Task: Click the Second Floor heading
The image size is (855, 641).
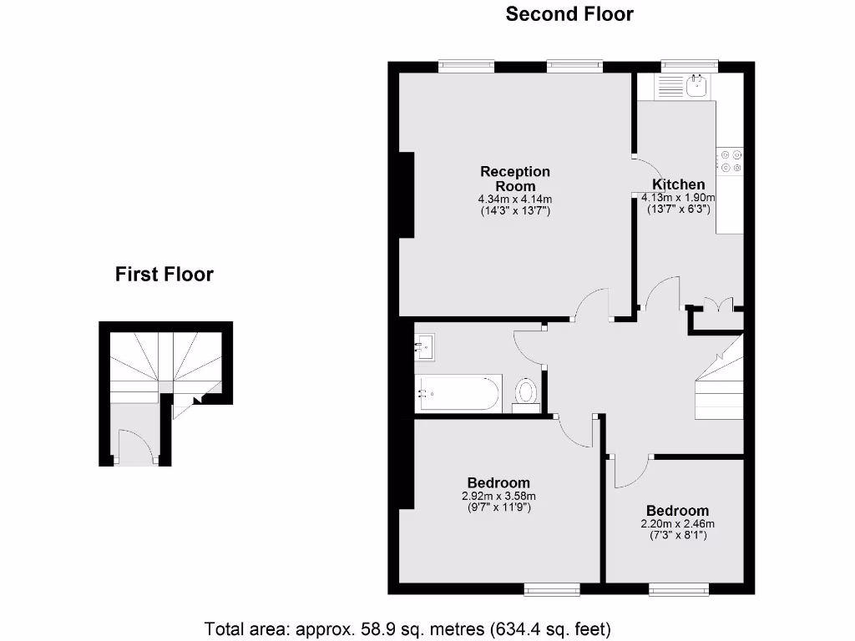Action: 569,14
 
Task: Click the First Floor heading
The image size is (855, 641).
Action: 164,274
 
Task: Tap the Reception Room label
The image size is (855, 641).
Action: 514,179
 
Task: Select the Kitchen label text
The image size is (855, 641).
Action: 678,184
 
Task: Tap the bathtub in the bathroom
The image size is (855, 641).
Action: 458,392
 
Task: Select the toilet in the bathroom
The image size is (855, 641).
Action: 526,392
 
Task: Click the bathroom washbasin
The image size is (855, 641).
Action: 425,346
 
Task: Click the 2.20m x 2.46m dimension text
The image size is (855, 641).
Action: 677,524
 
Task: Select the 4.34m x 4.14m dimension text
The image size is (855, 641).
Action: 514,199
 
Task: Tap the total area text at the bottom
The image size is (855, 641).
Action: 408,627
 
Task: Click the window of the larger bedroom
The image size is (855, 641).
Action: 552,590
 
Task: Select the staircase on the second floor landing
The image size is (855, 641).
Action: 720,384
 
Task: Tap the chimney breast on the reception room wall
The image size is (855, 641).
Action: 407,195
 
